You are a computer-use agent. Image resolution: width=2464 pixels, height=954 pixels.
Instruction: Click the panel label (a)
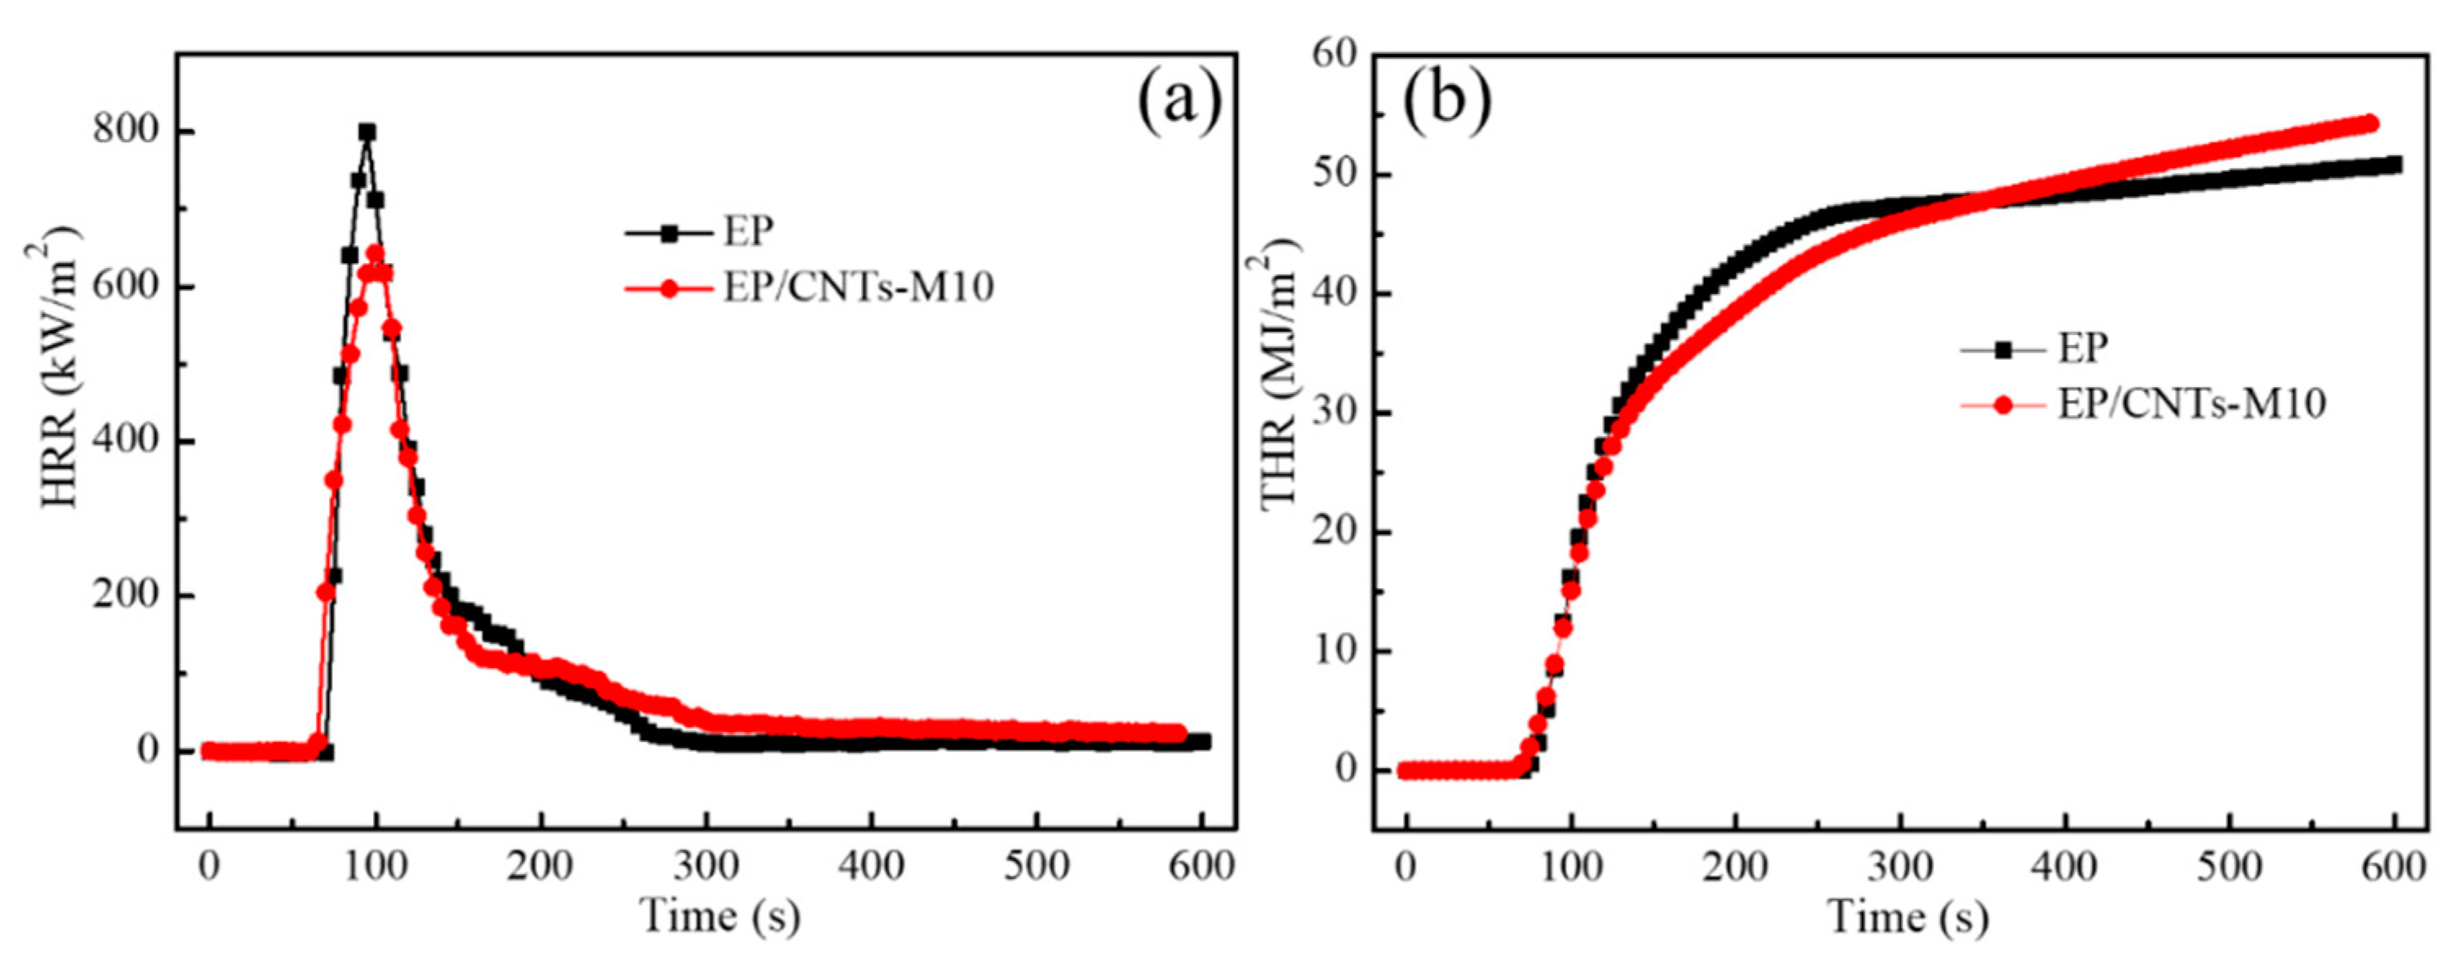(1179, 102)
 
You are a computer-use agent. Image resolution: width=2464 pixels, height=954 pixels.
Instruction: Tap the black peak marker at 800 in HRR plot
(367, 132)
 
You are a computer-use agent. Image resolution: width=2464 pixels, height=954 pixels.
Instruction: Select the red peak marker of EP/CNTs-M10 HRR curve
(376, 253)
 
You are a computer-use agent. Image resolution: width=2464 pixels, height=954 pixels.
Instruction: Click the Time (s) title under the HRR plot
(719, 916)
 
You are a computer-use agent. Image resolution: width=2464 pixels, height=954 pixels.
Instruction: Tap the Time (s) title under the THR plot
(1908, 916)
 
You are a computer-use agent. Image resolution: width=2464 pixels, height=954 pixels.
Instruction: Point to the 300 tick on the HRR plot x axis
(706, 867)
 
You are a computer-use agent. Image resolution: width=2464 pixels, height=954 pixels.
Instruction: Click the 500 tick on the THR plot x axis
(2230, 867)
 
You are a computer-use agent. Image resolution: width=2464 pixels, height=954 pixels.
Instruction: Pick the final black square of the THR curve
(2394, 165)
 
